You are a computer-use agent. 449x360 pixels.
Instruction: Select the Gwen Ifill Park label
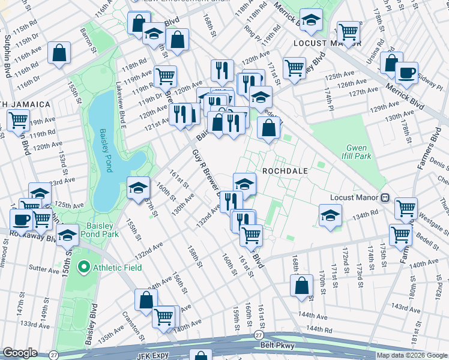pos(358,152)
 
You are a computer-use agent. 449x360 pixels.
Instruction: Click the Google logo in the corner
pos(19,352)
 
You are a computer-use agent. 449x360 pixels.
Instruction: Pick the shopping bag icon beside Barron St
pos(59,52)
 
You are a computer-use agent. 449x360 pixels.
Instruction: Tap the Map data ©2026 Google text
pos(411,355)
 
